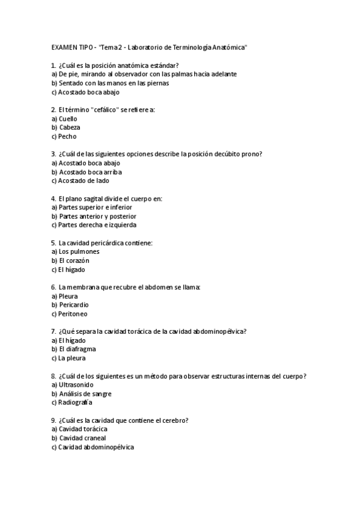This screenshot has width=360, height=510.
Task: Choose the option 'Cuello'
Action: pyautogui.click(x=68, y=118)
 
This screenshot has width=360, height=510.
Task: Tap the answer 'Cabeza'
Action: pyautogui.click(x=69, y=127)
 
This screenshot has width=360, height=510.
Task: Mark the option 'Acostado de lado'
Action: pyautogui.click(x=84, y=180)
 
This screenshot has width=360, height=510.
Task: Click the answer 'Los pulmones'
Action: pyautogui.click(x=79, y=251)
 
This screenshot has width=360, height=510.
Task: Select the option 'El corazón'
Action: pyautogui.click(x=73, y=260)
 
